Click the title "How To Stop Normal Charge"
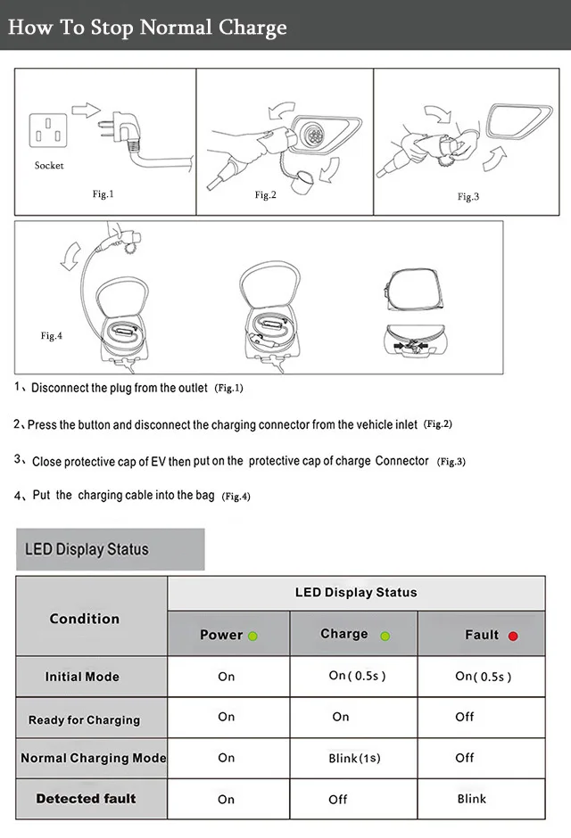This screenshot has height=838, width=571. point(147,27)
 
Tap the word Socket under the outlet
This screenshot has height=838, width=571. point(49,166)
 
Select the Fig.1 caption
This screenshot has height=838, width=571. point(103,193)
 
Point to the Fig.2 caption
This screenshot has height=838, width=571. point(266,194)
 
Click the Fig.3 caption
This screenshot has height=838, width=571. point(468,196)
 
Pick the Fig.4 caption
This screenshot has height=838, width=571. point(52,336)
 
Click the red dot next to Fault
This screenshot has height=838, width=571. point(513,636)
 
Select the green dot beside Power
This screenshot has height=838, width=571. point(252,636)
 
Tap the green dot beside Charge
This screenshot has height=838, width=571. point(385,636)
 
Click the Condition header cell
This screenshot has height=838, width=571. point(85,619)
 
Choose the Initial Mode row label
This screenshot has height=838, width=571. point(82,677)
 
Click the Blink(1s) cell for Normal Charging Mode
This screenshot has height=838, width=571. point(354,758)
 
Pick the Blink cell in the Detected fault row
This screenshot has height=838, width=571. point(472,798)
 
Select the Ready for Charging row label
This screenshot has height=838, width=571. point(84,719)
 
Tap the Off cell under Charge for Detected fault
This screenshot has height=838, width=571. point(338,799)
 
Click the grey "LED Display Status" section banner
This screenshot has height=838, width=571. point(111,549)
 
